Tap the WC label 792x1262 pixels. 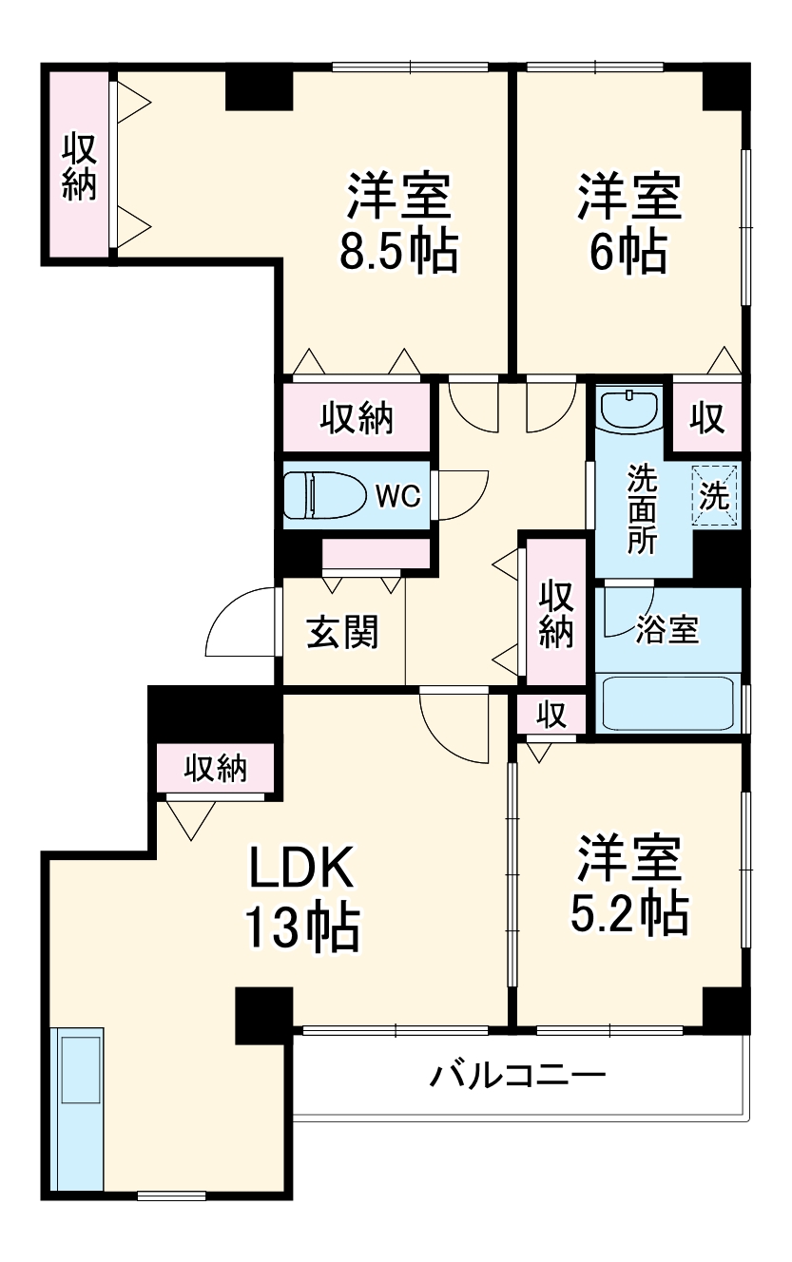point(398,496)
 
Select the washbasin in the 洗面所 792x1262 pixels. point(629,411)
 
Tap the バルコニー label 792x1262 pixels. point(518,1077)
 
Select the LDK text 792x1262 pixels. point(301,866)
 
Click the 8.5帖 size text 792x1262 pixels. point(398,252)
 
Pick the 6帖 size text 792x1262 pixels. point(627,252)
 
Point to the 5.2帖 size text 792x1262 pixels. point(628,913)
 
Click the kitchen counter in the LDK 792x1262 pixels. point(79,1108)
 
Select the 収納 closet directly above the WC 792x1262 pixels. point(357,418)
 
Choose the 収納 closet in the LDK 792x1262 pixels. point(216,768)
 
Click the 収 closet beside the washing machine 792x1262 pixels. point(707,417)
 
